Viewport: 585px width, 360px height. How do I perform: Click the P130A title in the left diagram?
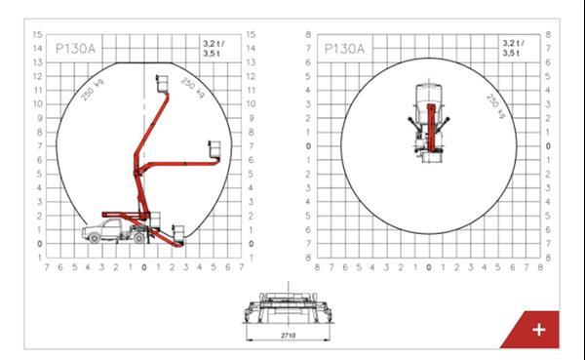75,49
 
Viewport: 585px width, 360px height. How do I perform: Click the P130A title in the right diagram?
344,49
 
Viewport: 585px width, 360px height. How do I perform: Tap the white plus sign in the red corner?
539,330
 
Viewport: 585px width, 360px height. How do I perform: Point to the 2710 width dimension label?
288,336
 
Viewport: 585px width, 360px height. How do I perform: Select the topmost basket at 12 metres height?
162,84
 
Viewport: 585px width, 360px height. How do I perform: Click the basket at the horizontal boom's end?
214,149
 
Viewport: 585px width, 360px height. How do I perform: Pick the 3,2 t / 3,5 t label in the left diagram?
214,49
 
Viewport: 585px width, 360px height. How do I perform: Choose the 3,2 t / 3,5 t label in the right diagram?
513,48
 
